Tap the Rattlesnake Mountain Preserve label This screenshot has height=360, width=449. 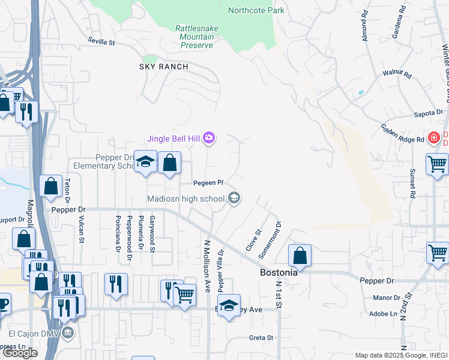(x=194, y=37)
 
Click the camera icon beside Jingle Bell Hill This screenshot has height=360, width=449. (x=209, y=139)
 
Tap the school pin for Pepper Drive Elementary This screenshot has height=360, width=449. (x=145, y=162)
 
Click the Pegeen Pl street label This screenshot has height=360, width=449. (x=208, y=182)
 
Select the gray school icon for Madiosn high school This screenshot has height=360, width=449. (x=234, y=198)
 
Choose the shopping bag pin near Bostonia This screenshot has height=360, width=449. (x=300, y=256)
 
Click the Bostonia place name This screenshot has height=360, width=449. (x=279, y=272)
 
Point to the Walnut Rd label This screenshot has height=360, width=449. (x=397, y=75)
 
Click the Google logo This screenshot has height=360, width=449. (x=20, y=353)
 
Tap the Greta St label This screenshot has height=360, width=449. (x=261, y=338)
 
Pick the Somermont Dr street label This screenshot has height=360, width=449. (x=270, y=241)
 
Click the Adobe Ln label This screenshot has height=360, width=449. (x=384, y=313)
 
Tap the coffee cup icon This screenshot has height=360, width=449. (x=2, y=304)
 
